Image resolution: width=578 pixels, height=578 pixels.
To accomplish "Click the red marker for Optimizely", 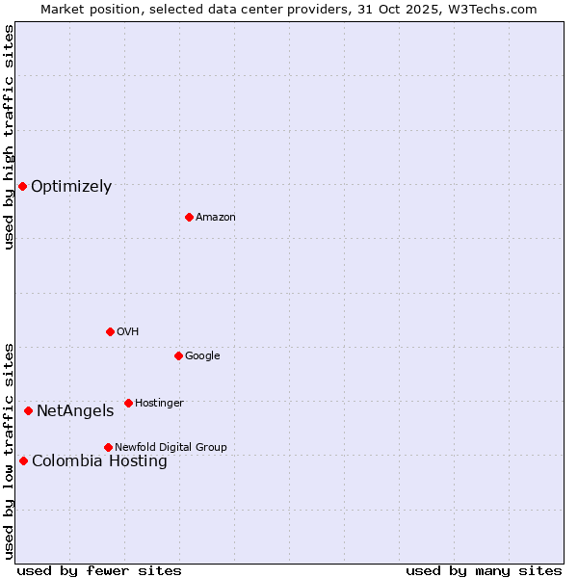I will (22, 186).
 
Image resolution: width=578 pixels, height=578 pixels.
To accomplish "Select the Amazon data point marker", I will (189, 217).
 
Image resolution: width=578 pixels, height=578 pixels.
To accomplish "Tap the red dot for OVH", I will (110, 331).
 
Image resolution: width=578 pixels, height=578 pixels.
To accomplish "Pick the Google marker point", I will (178, 355).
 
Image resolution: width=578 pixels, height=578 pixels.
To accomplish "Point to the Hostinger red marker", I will (128, 403).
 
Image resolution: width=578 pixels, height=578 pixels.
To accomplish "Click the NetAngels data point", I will (28, 410).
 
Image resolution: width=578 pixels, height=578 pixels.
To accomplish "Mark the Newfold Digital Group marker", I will (108, 447).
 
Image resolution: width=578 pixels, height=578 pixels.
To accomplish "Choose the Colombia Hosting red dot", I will (23, 460).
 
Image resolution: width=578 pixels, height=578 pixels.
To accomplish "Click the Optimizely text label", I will (71, 187).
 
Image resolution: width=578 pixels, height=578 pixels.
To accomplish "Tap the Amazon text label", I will (216, 218).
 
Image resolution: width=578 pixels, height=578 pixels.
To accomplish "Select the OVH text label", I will (128, 332).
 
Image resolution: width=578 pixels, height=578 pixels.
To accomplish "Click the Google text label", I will (202, 356).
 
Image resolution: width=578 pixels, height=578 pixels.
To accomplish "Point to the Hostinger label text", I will (159, 404).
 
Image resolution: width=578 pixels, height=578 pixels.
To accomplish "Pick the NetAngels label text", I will (75, 411).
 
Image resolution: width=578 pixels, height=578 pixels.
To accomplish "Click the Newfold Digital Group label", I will (171, 448).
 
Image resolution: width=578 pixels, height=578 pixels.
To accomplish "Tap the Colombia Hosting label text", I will (99, 461).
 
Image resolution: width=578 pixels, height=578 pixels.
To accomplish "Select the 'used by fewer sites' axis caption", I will (99, 570).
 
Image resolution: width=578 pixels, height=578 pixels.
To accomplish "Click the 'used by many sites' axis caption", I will (484, 570).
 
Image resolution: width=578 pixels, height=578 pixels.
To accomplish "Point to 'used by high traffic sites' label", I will (9, 137).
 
